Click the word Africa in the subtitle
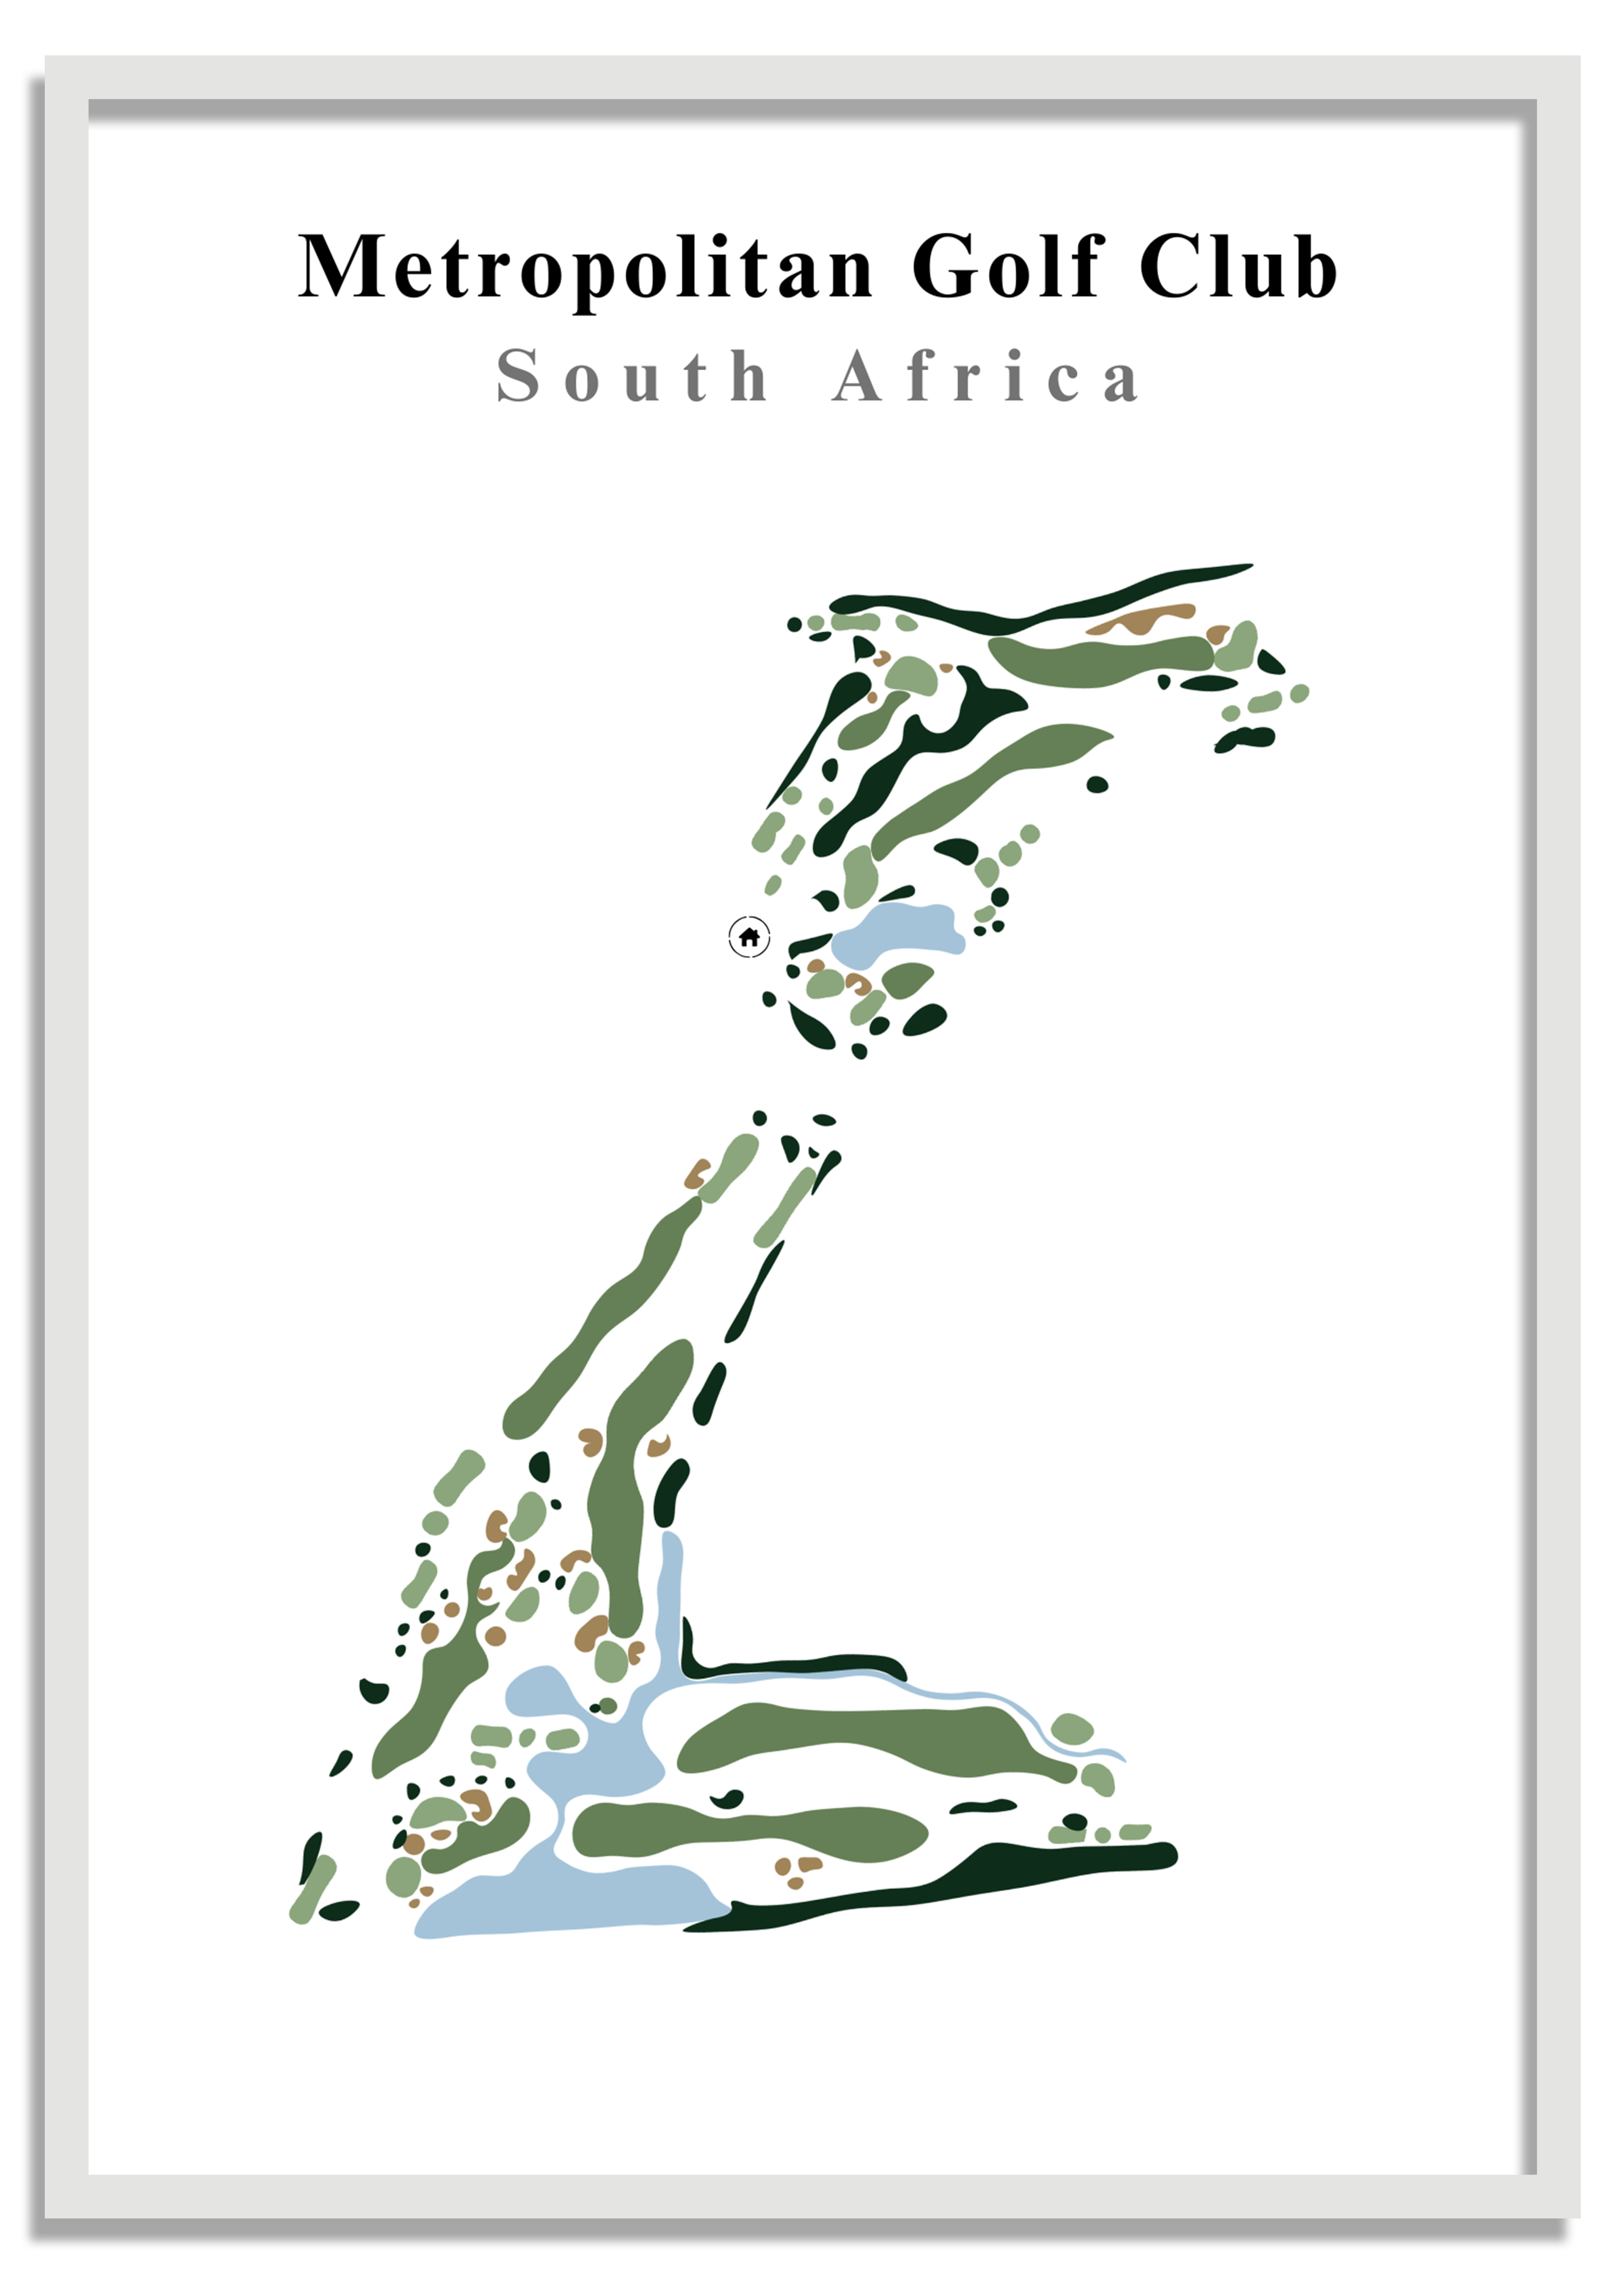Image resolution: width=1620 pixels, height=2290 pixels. click(985, 377)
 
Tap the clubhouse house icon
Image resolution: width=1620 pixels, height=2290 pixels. click(749, 938)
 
